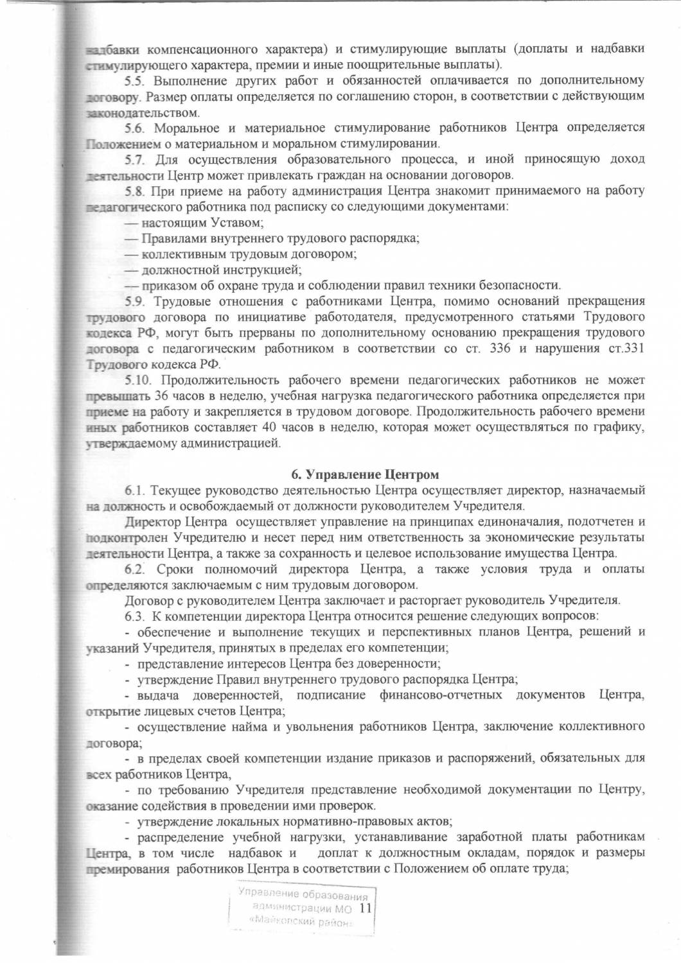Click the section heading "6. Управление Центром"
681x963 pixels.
pyautogui.click(x=365, y=474)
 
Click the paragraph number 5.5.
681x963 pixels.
pyautogui.click(x=136, y=80)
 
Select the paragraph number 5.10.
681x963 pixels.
pyautogui.click(x=138, y=380)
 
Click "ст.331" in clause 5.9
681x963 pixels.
pyautogui.click(x=626, y=349)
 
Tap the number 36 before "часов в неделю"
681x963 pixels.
pyautogui.click(x=161, y=396)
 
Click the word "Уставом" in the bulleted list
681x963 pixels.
pyautogui.click(x=234, y=223)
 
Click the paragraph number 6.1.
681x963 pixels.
pyautogui.click(x=136, y=490)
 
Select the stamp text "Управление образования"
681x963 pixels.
pyautogui.click(x=303, y=894)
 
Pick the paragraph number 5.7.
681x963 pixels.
pyautogui.click(x=136, y=159)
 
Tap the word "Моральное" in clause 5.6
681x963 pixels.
pyautogui.click(x=186, y=128)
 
